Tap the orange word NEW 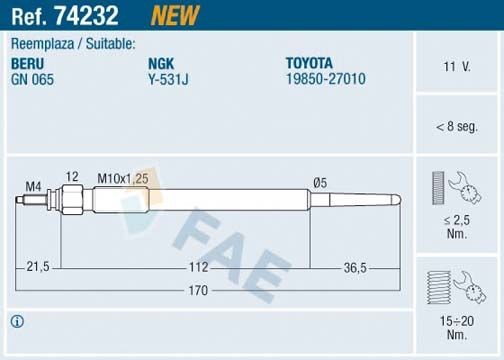tap(174, 15)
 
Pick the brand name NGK tap(160, 62)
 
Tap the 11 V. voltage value tap(456, 67)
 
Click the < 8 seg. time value tap(456, 126)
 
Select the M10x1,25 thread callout tap(121, 178)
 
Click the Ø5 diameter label tap(320, 183)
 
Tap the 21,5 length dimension tap(39, 267)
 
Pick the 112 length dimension tap(197, 267)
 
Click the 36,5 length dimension tap(355, 267)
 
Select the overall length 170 tap(197, 291)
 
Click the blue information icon tap(16, 321)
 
